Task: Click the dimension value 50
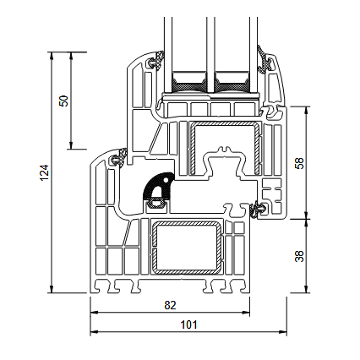63,100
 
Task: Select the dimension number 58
297,162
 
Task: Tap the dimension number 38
297,255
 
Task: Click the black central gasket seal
158,191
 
